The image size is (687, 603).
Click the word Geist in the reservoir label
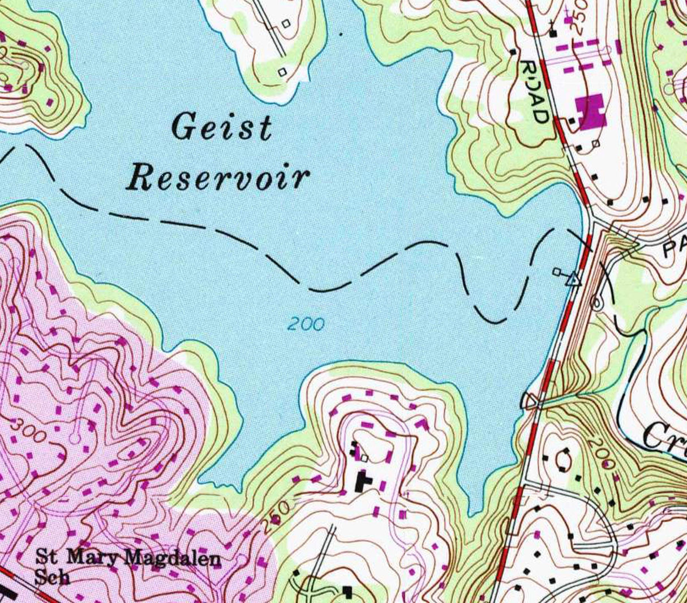click(222, 127)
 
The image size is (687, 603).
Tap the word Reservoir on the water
click(218, 178)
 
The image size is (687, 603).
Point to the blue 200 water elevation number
click(306, 324)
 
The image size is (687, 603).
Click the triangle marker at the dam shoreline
click(573, 279)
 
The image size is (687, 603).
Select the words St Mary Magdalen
click(127, 558)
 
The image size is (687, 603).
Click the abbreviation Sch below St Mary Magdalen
click(52, 577)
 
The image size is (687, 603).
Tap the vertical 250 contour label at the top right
click(582, 17)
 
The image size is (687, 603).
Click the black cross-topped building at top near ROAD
click(553, 32)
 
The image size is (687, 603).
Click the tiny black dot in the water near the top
click(341, 34)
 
